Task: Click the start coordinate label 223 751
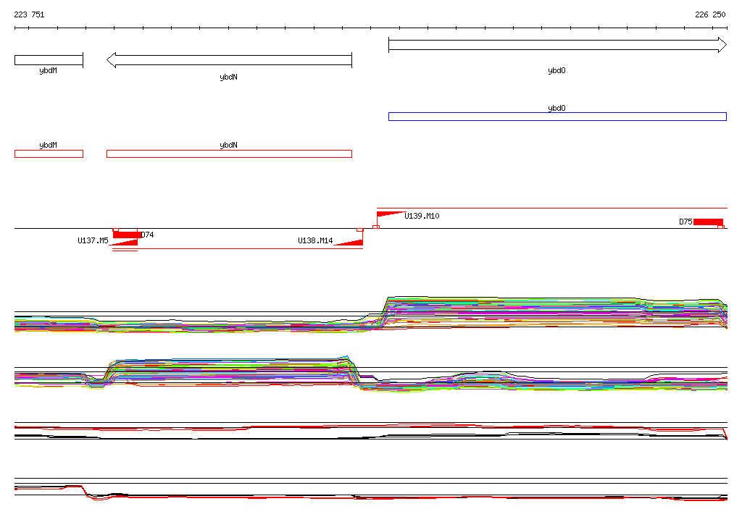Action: click(29, 14)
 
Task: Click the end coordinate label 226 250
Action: click(710, 14)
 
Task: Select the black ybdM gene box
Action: click(49, 60)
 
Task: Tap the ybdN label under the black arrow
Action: click(228, 77)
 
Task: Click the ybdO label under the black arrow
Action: click(556, 70)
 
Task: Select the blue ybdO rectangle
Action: click(557, 117)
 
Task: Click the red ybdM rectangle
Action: click(49, 154)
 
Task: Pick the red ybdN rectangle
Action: click(229, 154)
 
